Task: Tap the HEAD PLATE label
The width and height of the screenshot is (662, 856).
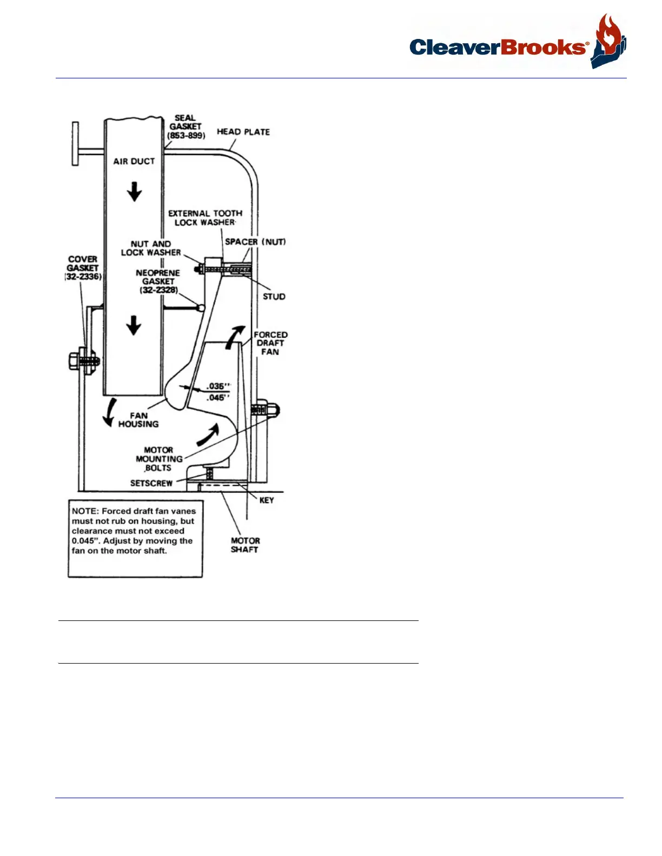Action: pos(243,132)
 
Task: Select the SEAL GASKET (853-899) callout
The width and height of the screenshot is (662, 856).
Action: pos(186,126)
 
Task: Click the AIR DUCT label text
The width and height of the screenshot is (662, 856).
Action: pos(134,161)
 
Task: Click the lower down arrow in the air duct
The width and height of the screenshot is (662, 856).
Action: pos(134,325)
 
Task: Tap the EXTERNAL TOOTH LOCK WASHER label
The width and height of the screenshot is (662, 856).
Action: pos(205,218)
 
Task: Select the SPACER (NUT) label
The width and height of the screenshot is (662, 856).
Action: pos(255,242)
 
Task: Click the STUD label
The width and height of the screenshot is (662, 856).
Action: pos(274,296)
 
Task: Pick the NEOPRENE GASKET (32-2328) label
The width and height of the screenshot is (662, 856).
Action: pos(158,281)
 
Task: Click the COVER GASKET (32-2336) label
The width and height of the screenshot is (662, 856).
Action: pos(83,268)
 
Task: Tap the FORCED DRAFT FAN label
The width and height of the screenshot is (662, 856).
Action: pos(270,343)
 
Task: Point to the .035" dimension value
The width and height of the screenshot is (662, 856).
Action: pos(219,386)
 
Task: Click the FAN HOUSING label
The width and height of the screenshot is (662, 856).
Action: pos(138,420)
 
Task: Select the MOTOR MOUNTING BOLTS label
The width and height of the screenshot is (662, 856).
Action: pos(159,459)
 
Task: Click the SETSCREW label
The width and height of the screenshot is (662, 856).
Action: pos(151,483)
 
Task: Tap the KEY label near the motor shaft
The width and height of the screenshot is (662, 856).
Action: pos(267,500)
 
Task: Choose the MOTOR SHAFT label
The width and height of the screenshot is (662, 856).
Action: pos(245,545)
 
